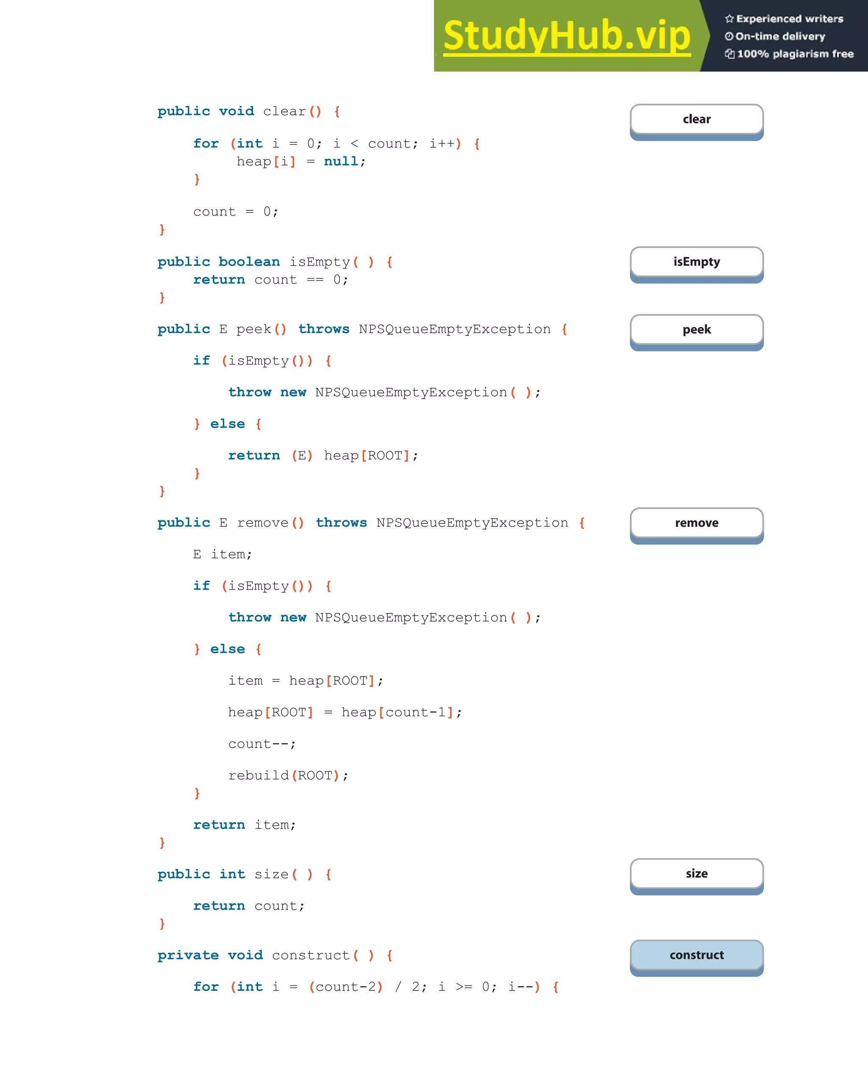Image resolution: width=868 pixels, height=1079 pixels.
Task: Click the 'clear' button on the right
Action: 696,120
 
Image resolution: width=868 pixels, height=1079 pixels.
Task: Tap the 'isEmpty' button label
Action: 696,262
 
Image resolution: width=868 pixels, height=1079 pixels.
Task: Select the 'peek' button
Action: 696,330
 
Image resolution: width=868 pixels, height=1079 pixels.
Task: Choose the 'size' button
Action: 696,874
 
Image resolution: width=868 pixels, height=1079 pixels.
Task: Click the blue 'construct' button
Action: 696,955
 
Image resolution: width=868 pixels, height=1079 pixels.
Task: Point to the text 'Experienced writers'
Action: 790,19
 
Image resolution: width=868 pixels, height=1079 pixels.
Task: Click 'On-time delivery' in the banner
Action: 780,36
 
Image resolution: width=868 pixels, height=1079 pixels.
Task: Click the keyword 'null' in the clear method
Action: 341,161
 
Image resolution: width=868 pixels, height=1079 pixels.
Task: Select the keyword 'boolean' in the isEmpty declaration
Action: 249,262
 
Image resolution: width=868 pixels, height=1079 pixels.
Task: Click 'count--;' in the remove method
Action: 262,744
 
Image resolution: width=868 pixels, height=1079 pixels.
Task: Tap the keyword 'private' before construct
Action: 188,955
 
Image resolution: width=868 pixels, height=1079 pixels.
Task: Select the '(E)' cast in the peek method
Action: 302,455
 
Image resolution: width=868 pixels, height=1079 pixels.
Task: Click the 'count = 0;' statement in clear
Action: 235,212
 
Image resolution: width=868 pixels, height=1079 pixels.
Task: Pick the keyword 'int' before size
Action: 232,874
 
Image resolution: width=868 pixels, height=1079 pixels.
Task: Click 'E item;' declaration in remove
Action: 222,555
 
